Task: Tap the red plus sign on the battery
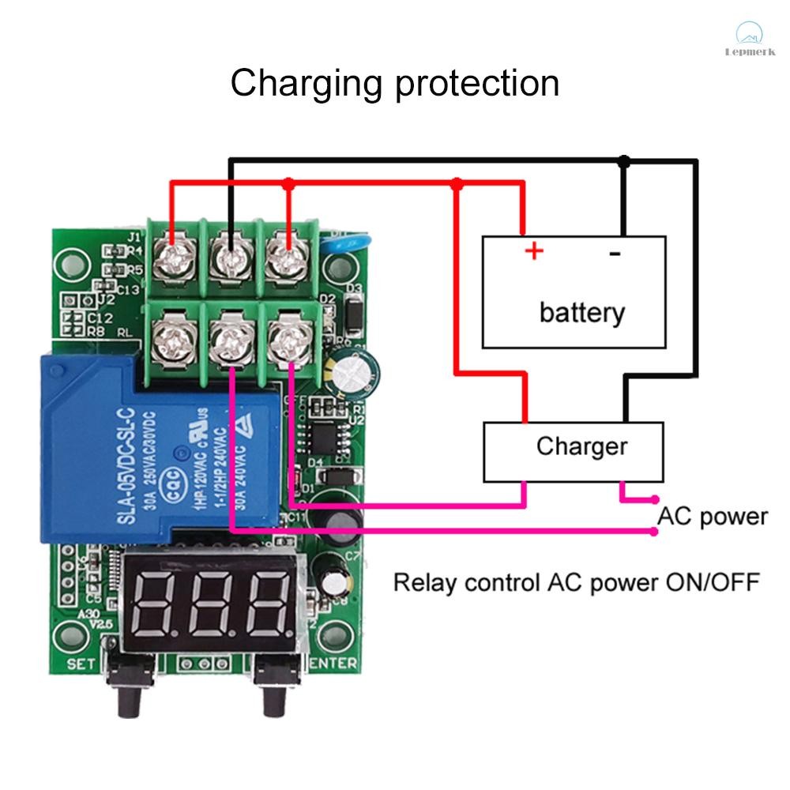pos(535,251)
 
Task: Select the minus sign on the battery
pos(615,253)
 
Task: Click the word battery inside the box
pos(581,313)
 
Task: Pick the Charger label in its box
pos(581,446)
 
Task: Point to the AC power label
pos(713,517)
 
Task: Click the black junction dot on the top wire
pos(624,161)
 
